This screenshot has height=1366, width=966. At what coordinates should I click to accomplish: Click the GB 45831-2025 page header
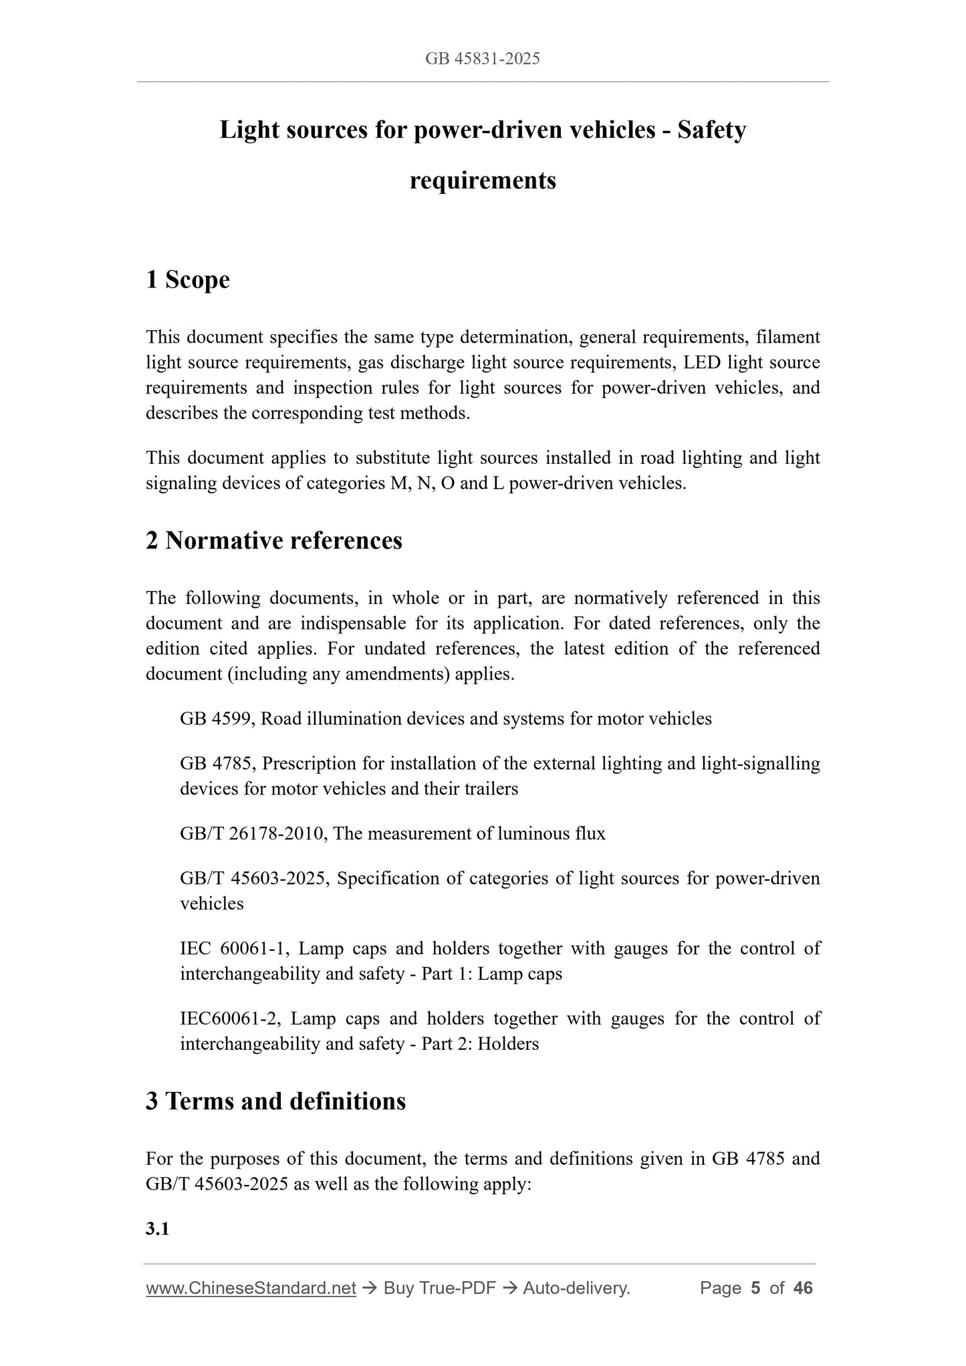[482, 59]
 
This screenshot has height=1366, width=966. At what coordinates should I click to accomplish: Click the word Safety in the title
[711, 130]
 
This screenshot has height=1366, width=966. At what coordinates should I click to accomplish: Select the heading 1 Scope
[188, 279]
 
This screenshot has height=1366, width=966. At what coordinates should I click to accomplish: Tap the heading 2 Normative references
[274, 540]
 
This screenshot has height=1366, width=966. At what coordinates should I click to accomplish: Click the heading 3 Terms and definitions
[275, 1101]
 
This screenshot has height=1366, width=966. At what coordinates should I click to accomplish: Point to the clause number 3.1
[157, 1228]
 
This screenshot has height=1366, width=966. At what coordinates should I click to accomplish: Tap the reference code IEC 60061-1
[236, 948]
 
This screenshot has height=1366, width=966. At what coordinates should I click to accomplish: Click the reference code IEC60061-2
[233, 1018]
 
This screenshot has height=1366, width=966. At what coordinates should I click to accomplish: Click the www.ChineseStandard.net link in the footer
[251, 1288]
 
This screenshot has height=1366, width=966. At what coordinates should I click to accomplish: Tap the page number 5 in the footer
[755, 1288]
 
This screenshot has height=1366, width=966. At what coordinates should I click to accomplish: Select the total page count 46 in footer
[802, 1288]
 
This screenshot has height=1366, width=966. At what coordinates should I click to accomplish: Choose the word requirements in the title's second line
[483, 180]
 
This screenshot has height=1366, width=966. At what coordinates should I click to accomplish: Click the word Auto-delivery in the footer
[576, 1288]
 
